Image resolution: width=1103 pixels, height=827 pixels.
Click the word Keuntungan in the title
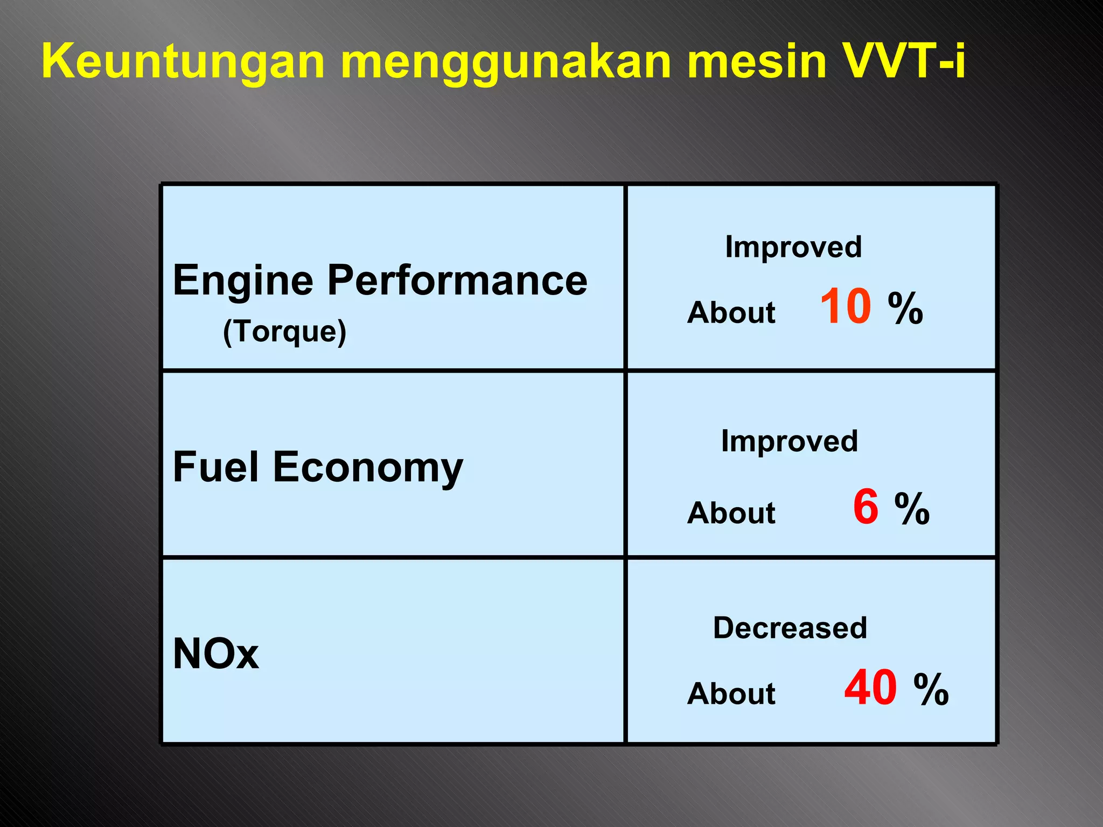(x=183, y=62)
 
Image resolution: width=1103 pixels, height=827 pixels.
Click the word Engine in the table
(x=243, y=281)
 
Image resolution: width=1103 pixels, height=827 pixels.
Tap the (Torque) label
(x=284, y=331)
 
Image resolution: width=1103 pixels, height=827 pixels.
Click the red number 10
(x=845, y=306)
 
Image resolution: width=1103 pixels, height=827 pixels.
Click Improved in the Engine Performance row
(x=793, y=247)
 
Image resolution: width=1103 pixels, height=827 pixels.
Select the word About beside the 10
(x=731, y=312)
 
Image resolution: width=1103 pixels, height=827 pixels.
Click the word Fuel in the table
(x=215, y=467)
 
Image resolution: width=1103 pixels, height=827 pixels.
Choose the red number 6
(x=865, y=507)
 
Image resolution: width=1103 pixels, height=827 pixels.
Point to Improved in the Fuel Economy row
(x=789, y=441)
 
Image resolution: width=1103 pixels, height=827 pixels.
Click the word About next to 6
(x=731, y=513)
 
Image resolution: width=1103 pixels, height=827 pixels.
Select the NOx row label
(x=215, y=654)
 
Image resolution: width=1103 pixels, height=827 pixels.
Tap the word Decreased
(x=790, y=628)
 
